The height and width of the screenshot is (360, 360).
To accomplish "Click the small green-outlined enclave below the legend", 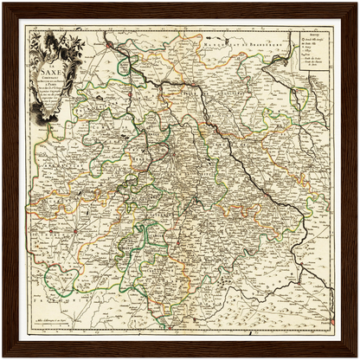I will pos(306,102).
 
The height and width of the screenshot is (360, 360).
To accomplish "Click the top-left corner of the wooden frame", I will pos(5,5).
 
